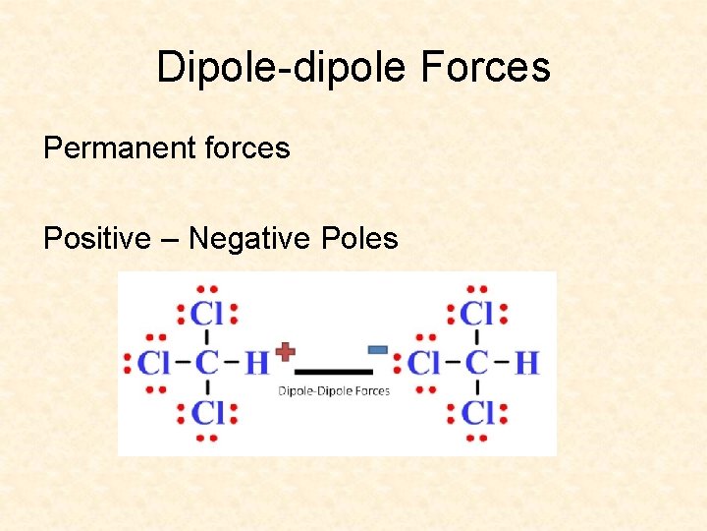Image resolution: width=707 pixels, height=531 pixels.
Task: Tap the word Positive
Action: point(96,238)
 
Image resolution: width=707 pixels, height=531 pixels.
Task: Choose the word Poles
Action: point(358,238)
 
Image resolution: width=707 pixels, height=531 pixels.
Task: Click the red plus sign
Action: point(285,351)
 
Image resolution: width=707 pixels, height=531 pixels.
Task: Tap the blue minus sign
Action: point(376,349)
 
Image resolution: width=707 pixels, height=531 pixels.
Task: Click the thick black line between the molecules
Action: point(334,372)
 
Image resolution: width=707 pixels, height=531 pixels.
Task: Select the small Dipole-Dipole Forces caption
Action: point(334,390)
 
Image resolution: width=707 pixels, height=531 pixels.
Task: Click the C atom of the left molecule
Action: point(206,363)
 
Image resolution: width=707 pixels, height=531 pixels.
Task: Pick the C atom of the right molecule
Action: point(476,363)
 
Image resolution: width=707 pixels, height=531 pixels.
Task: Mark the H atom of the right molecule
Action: point(526,363)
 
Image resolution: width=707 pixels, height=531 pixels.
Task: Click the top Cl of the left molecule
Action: point(207,314)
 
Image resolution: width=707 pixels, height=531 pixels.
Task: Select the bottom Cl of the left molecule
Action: point(207,412)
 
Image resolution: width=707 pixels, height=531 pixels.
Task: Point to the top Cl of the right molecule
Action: point(477,314)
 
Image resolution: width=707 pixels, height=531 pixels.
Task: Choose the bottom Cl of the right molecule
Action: point(477,412)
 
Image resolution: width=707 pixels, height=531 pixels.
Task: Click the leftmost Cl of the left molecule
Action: point(154,363)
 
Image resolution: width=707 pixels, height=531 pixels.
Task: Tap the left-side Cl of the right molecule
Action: point(424,363)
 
